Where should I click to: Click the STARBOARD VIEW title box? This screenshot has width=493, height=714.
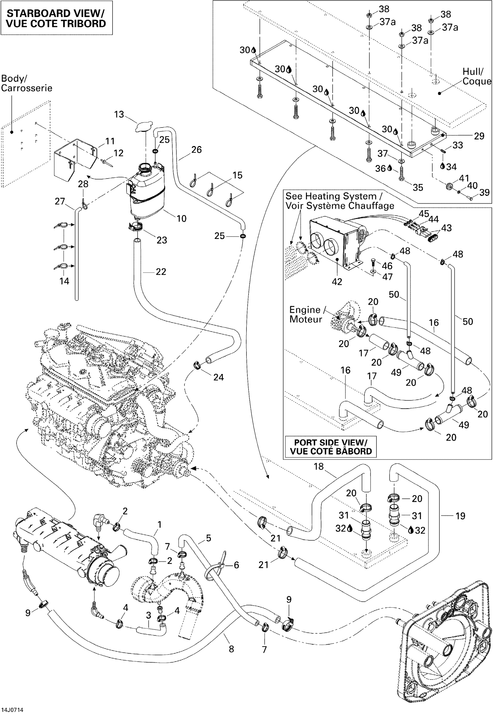[56, 18]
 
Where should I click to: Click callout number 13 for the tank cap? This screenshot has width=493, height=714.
[119, 115]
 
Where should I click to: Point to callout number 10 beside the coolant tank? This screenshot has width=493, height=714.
[181, 219]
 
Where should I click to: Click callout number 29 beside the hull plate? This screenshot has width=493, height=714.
[479, 136]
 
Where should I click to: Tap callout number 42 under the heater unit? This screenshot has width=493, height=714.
[337, 281]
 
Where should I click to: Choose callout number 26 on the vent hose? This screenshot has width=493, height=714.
[196, 150]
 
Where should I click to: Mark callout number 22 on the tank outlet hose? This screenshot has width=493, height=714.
[161, 272]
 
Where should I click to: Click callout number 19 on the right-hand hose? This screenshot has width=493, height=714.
[460, 516]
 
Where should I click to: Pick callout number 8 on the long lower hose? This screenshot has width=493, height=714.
[231, 649]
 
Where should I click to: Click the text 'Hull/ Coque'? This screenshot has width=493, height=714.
[476, 77]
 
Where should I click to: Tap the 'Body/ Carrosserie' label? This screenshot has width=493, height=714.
[26, 83]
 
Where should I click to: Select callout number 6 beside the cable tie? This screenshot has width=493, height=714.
[236, 565]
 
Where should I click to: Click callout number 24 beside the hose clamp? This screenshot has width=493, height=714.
[218, 377]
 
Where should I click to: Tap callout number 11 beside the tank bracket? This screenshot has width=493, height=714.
[110, 141]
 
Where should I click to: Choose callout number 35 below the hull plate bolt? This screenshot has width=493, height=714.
[418, 187]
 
